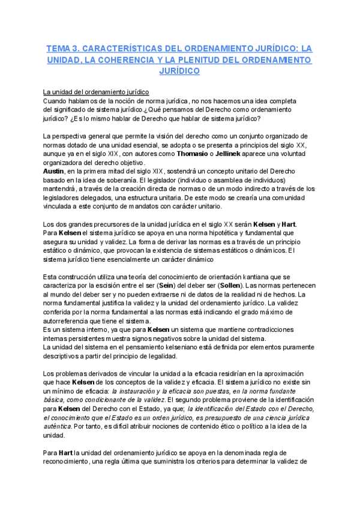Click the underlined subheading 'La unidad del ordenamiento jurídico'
coord(96,92)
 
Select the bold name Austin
coord(55,171)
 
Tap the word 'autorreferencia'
coord(71,321)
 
